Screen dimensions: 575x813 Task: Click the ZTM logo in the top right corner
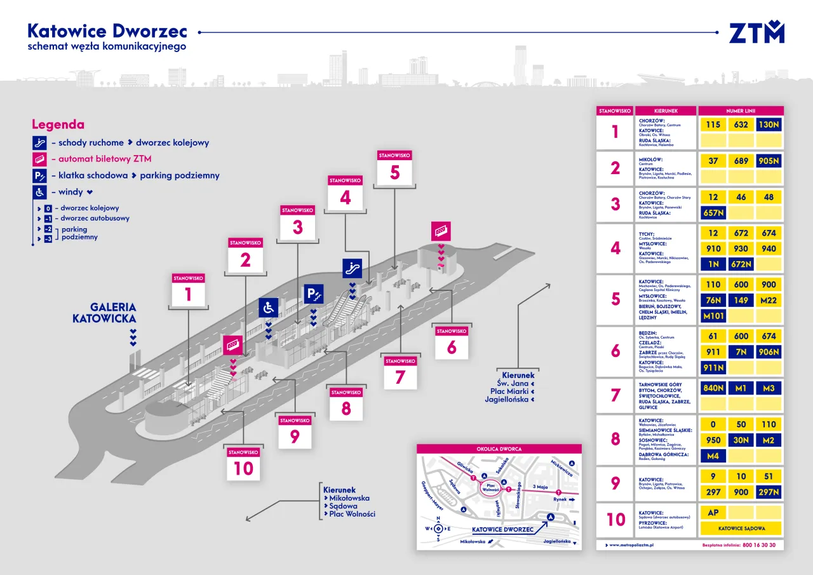pos(756,32)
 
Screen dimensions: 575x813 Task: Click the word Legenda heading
pos(58,125)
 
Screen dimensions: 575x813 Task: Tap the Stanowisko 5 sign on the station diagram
pos(395,167)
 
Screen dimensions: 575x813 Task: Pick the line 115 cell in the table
pos(713,125)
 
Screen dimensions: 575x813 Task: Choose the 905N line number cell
pos(769,161)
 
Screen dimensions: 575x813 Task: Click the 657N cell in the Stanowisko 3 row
pos(713,213)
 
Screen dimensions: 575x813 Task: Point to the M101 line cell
pos(713,316)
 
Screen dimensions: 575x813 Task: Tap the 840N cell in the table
pos(713,388)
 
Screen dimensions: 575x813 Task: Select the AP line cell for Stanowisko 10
pos(713,512)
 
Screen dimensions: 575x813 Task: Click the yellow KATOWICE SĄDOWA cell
pos(741,529)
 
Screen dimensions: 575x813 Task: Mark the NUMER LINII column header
pos(741,111)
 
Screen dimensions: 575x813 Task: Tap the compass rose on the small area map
pos(438,529)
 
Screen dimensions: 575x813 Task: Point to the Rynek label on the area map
pos(560,499)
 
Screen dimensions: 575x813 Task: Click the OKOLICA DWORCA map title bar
pos(499,449)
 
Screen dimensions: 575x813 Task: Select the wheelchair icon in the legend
pos(39,192)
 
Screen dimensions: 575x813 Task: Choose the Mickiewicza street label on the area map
pos(561,469)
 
